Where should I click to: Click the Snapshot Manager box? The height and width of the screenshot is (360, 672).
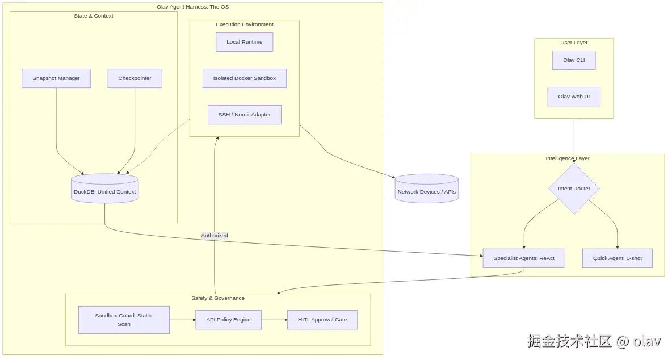coord(56,78)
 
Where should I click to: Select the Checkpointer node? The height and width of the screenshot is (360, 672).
coord(135,78)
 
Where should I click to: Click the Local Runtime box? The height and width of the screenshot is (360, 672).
coord(244,42)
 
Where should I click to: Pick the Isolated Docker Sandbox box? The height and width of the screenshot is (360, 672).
coord(244,78)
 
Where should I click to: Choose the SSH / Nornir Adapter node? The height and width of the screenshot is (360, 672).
coord(244,115)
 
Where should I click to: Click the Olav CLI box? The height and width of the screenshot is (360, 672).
coord(574,60)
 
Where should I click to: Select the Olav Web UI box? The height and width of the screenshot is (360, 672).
coord(574,97)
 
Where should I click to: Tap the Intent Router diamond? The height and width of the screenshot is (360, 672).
coord(574,189)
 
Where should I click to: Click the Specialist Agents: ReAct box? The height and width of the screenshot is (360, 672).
coord(523,258)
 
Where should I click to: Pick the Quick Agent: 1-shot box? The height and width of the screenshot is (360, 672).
coord(618,258)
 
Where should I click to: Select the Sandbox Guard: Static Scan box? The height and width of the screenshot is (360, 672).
coord(124,320)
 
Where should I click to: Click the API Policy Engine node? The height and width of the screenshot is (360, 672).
coord(228,320)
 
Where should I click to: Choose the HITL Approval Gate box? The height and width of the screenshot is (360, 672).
coord(322,320)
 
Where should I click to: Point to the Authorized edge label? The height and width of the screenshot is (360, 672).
coord(215,236)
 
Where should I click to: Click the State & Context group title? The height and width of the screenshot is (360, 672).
coord(94,16)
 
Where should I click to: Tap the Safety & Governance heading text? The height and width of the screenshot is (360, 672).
coord(218,298)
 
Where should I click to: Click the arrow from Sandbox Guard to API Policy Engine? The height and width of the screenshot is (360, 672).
coord(182,320)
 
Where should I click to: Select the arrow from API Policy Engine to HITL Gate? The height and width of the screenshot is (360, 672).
coord(274,320)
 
